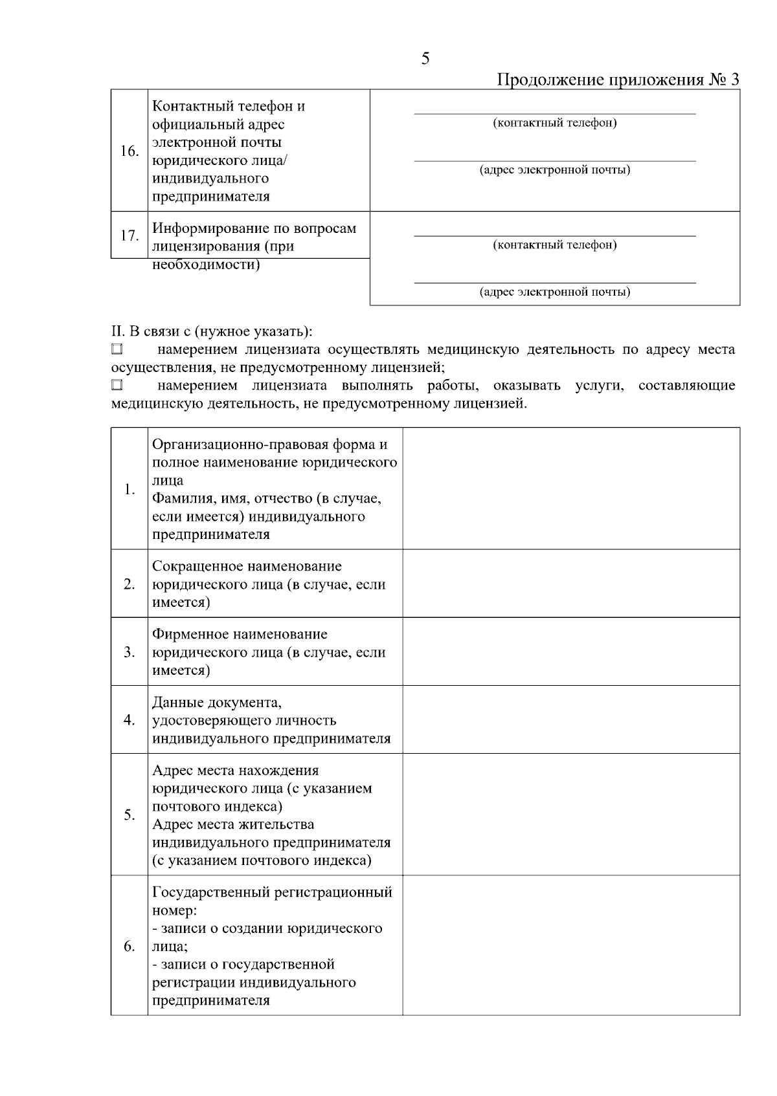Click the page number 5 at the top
425,59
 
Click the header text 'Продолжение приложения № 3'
618,80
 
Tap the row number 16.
129,151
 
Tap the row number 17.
129,236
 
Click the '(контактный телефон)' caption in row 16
554,123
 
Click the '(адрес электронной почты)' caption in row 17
554,292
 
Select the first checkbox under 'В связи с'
117,350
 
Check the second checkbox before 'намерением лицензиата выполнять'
117,386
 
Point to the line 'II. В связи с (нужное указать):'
212,332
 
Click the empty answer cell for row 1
570,488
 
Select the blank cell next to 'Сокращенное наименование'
570,584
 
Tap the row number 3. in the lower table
129,652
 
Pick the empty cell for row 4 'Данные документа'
570,719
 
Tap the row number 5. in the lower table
129,815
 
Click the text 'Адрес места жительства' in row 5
233,825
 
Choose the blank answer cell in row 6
570,945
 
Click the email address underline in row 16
554,160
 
